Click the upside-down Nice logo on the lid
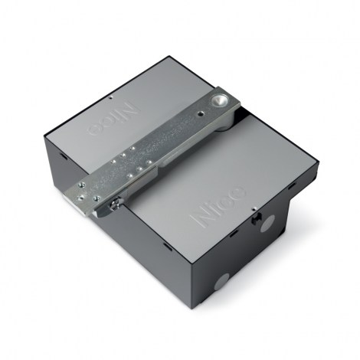[113, 119]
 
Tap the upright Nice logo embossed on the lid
[218, 207]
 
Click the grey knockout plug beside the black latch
[267, 224]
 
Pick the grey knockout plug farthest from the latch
[221, 282]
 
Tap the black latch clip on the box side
[257, 218]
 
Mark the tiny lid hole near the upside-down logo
[111, 97]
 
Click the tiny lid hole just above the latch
[254, 209]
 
